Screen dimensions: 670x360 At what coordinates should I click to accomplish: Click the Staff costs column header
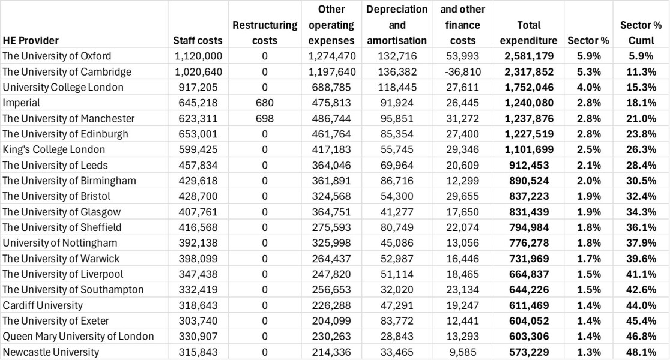[198, 41]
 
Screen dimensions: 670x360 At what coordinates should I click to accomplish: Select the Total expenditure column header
[528, 33]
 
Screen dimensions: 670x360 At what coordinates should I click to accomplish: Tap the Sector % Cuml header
[641, 33]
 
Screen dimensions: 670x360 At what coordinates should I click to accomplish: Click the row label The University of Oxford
[57, 56]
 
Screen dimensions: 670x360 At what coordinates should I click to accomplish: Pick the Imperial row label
[22, 103]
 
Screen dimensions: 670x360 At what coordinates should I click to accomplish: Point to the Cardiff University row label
[43, 305]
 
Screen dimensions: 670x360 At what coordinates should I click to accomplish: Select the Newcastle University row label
[51, 352]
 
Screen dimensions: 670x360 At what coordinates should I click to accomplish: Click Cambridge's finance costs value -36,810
[463, 72]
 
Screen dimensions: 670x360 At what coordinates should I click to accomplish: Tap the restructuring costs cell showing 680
[265, 103]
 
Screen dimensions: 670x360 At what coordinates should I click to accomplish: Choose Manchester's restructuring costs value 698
[265, 118]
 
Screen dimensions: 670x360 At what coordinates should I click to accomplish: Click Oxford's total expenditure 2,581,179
[528, 56]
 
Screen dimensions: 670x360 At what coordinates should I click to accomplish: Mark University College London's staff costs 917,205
[198, 88]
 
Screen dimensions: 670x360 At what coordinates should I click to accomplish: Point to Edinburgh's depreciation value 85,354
[397, 134]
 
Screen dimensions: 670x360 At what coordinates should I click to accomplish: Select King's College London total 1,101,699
[528, 149]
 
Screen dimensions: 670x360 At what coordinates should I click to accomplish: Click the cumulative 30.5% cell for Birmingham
[641, 181]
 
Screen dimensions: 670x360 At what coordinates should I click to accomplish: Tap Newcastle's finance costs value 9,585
[463, 352]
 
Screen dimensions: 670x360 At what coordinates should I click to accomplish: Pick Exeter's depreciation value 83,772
[397, 321]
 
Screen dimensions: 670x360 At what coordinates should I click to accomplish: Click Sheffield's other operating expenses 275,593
[331, 227]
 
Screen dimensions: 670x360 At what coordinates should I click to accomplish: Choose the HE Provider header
[31, 41]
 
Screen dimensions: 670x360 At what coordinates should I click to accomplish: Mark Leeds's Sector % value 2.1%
[588, 165]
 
